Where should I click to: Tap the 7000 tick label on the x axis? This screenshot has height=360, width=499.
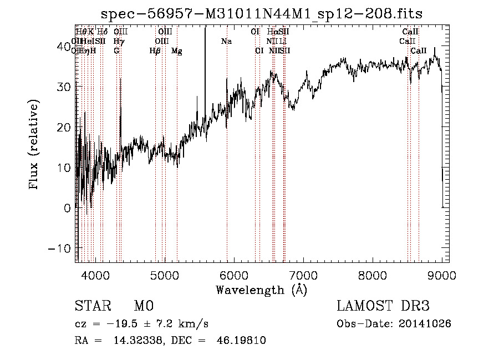[303, 275]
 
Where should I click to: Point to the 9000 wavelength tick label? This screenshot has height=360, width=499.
[441, 275]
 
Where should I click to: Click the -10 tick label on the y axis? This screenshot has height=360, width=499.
[60, 248]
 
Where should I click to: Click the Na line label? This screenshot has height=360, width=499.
[226, 42]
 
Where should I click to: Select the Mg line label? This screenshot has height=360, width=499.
[177, 51]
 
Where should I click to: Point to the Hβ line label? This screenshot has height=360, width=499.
[155, 51]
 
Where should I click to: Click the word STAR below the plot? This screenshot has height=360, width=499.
[91, 306]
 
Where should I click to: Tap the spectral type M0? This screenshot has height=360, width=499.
[143, 306]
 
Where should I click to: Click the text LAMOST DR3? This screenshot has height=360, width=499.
[383, 306]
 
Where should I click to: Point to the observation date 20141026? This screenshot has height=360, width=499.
[427, 324]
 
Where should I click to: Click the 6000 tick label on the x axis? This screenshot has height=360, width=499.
[234, 275]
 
